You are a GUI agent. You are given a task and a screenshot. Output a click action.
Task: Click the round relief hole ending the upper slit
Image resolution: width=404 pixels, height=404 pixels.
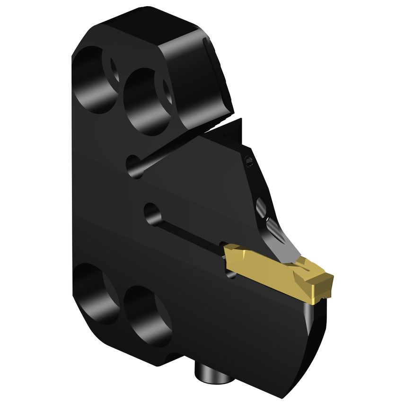tap(135, 167)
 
